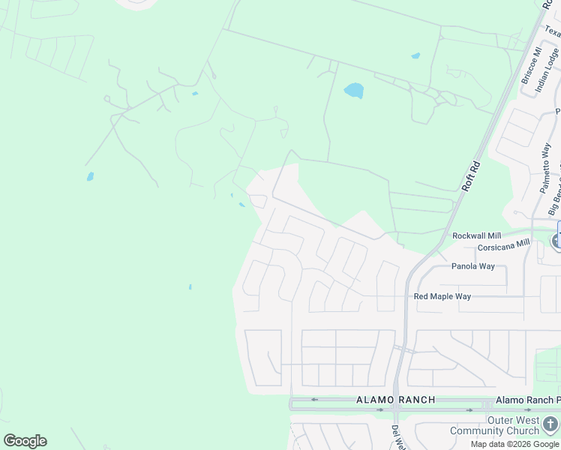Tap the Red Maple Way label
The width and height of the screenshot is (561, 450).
tap(442, 297)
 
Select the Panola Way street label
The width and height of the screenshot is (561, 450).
tap(472, 266)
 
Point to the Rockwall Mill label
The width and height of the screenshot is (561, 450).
tap(476, 235)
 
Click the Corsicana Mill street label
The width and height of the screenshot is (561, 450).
tap(503, 246)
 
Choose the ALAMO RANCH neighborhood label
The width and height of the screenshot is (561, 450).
tap(395, 400)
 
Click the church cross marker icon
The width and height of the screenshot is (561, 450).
tap(550, 424)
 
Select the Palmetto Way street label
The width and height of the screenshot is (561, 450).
tap(547, 169)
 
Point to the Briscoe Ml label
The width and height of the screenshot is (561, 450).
tap(530, 66)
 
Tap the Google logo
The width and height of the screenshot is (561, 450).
tap(25, 441)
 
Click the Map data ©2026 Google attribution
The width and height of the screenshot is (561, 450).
tap(514, 444)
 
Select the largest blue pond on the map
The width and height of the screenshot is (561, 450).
tap(353, 91)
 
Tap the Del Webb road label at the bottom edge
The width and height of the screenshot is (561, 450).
tap(396, 437)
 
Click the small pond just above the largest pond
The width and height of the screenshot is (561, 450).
tap(415, 55)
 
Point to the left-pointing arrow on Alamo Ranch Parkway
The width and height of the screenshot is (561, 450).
tap(315, 400)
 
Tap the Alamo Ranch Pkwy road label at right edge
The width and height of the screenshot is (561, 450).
tap(528, 400)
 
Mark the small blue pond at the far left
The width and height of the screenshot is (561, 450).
tap(90, 177)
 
